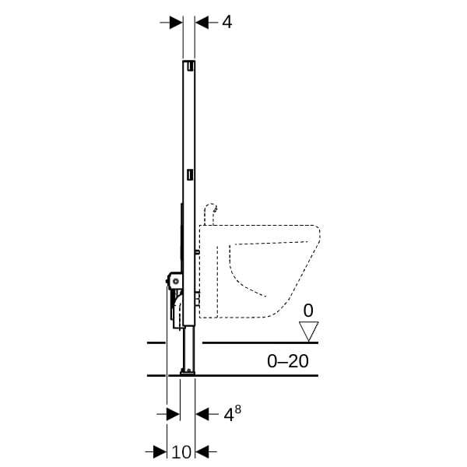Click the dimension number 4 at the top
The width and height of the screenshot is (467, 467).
(227, 22)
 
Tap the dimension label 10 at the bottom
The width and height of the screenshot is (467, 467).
(181, 451)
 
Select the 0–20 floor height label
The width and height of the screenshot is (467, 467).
(288, 361)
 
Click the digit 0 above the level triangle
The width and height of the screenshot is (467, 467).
(308, 311)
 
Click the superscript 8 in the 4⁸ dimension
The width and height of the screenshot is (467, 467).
(237, 409)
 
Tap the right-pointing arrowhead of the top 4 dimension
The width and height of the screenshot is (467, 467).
(176, 23)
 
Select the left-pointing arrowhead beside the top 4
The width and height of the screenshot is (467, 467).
(202, 23)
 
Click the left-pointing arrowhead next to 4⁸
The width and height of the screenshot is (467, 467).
(202, 414)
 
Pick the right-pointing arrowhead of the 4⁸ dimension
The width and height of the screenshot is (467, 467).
(174, 414)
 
